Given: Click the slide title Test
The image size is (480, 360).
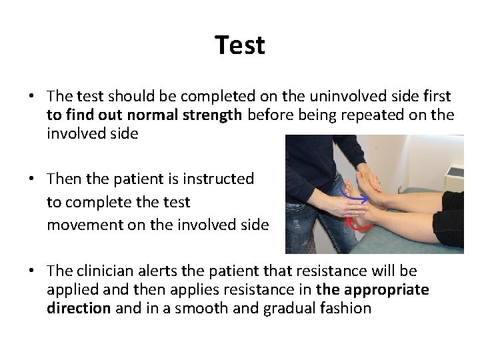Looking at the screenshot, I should pyautogui.click(x=240, y=45).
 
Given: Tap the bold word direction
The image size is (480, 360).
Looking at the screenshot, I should pyautogui.click(x=79, y=308).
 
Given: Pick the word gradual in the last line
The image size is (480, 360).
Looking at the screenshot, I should pyautogui.click(x=282, y=308).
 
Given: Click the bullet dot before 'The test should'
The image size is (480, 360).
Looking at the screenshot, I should pyautogui.click(x=32, y=97).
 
